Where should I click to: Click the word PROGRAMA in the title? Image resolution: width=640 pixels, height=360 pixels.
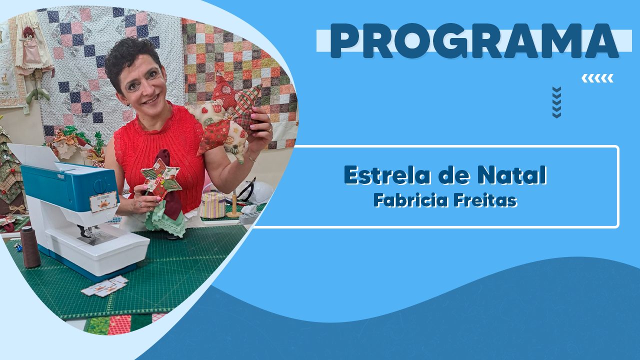coord(474,41)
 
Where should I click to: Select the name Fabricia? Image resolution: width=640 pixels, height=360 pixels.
coord(411,200)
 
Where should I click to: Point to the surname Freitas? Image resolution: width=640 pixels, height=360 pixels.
coord(485,200)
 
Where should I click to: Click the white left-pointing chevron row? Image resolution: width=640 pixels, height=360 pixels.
coord(597,78)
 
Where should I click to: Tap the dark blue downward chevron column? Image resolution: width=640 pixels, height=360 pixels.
coord(556,102)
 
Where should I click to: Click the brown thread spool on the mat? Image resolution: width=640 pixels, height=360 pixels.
coord(30,247)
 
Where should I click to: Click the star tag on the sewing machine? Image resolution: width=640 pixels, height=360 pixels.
coord(103,201)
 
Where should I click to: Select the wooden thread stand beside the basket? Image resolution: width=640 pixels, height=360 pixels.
coord(234,204)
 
